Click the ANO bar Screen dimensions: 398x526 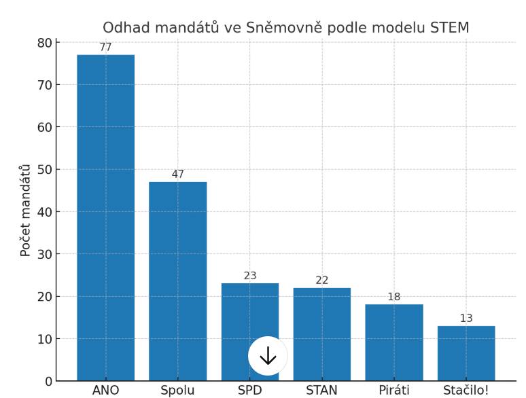(x=105, y=217)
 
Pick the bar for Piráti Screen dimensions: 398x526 (x=394, y=342)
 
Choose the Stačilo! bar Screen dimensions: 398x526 (x=466, y=353)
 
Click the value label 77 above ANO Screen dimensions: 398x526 (x=105, y=48)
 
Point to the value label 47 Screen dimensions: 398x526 (x=178, y=175)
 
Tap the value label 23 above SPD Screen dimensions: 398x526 (x=250, y=276)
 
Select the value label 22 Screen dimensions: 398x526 (x=322, y=281)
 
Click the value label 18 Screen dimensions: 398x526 (x=394, y=297)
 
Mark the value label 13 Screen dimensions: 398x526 (x=466, y=319)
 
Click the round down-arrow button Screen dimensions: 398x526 (x=268, y=356)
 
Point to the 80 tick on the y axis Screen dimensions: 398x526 (x=45, y=43)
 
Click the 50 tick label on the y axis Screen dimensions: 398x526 (x=45, y=170)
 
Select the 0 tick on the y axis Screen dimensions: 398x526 (x=48, y=382)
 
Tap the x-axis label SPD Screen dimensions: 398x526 (x=250, y=391)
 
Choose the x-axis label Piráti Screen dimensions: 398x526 (x=394, y=391)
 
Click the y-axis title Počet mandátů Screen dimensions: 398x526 (x=26, y=211)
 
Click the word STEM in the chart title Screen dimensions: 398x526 (x=450, y=28)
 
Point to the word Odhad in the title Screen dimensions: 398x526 (x=124, y=28)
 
